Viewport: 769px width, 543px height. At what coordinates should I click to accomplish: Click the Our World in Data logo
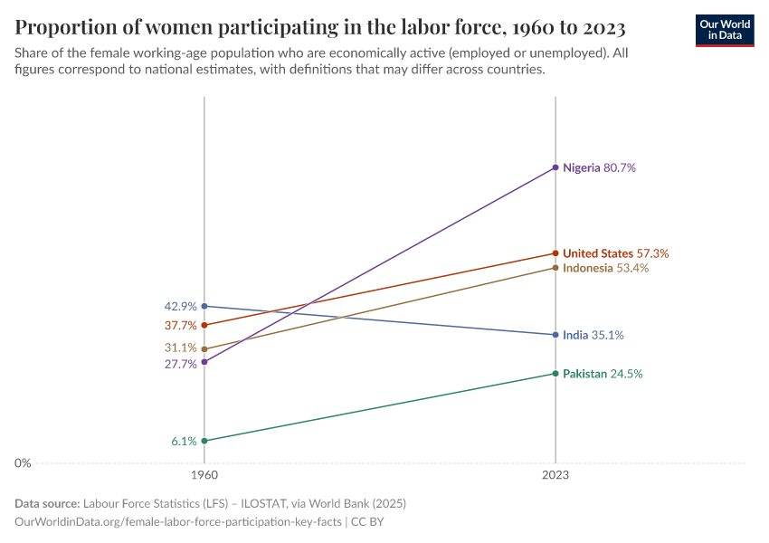tap(724, 30)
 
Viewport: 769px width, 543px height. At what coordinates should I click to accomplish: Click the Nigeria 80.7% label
tap(599, 168)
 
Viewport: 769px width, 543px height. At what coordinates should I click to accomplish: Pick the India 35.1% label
tap(593, 335)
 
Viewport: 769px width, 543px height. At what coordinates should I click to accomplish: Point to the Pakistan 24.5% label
tap(602, 374)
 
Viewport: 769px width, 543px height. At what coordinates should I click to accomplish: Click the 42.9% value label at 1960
tap(180, 307)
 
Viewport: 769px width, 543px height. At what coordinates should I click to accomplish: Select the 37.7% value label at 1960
tap(180, 326)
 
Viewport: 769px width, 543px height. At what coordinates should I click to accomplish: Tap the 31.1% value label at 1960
tap(180, 348)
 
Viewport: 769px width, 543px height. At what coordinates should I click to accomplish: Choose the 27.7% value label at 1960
tap(180, 365)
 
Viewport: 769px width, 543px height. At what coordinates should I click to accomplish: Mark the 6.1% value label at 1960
tap(184, 442)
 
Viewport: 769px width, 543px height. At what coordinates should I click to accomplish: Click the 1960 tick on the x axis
tap(204, 475)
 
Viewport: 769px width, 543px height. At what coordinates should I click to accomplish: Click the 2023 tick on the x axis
tap(555, 475)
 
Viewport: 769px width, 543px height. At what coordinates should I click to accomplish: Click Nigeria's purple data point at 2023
tap(555, 168)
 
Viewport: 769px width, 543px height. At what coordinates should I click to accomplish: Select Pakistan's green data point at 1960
tap(204, 441)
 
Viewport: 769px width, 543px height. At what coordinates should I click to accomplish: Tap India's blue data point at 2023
tap(555, 335)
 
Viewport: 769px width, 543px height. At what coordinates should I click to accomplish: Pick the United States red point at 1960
tap(204, 325)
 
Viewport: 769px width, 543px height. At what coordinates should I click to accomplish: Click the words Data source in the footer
tap(47, 503)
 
